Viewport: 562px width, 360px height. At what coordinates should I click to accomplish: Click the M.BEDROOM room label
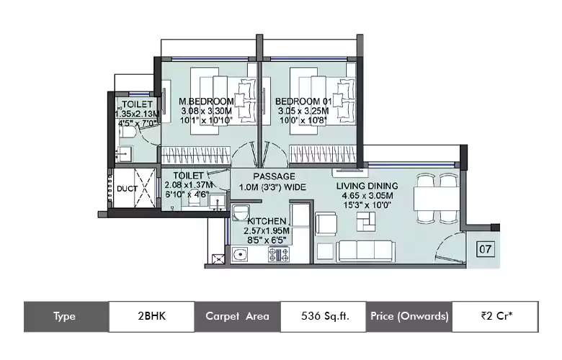click(x=206, y=102)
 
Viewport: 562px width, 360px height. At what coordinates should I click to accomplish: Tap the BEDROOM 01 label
click(x=304, y=102)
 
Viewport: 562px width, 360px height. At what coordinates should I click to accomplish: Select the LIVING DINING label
click(x=367, y=186)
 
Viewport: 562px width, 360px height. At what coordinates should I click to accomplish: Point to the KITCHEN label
click(x=267, y=221)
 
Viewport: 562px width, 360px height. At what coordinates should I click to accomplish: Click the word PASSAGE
click(x=275, y=176)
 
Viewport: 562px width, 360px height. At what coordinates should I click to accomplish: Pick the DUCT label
click(x=128, y=189)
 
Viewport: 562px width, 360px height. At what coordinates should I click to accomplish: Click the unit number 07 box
click(x=486, y=249)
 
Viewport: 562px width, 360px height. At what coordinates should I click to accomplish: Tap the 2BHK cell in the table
click(x=151, y=316)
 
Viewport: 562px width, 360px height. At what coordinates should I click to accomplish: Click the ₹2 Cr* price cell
click(x=495, y=316)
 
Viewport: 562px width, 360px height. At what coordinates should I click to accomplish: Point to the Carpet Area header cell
click(x=237, y=316)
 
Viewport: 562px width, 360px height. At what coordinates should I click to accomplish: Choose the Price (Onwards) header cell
click(x=409, y=316)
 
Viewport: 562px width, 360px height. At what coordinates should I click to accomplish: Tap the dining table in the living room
click(x=437, y=199)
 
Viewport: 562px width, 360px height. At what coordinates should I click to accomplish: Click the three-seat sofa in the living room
click(x=365, y=251)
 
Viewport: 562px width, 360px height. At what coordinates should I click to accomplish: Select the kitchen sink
click(x=239, y=255)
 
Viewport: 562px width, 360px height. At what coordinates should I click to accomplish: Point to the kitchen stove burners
click(x=279, y=254)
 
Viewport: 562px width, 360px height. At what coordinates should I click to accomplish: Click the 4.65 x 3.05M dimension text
click(x=367, y=196)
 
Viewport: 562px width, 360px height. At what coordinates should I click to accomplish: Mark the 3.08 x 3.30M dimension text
click(x=206, y=111)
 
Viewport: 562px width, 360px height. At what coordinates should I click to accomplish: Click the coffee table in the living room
click(x=366, y=222)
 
